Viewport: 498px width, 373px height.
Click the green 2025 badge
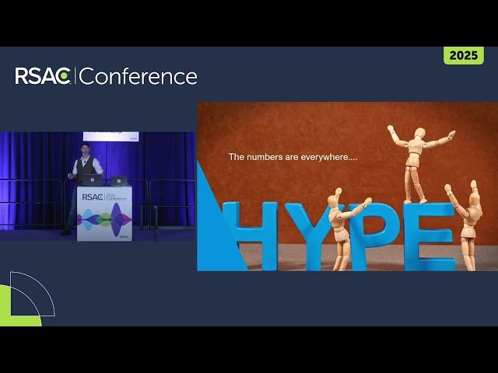tap(464, 56)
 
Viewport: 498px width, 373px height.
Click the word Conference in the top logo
tap(139, 76)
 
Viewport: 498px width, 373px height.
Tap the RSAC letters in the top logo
tap(44, 76)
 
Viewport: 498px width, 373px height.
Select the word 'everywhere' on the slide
tap(327, 157)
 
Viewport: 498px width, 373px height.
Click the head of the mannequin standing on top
tap(419, 133)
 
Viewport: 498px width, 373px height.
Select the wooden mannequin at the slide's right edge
tap(468, 221)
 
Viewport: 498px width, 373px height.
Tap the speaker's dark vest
tap(87, 166)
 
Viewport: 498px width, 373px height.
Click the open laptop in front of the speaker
tap(92, 180)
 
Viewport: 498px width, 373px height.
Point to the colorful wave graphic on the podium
tap(103, 219)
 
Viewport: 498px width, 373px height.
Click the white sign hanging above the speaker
tap(122, 136)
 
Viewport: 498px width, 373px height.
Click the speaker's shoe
tap(65, 232)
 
